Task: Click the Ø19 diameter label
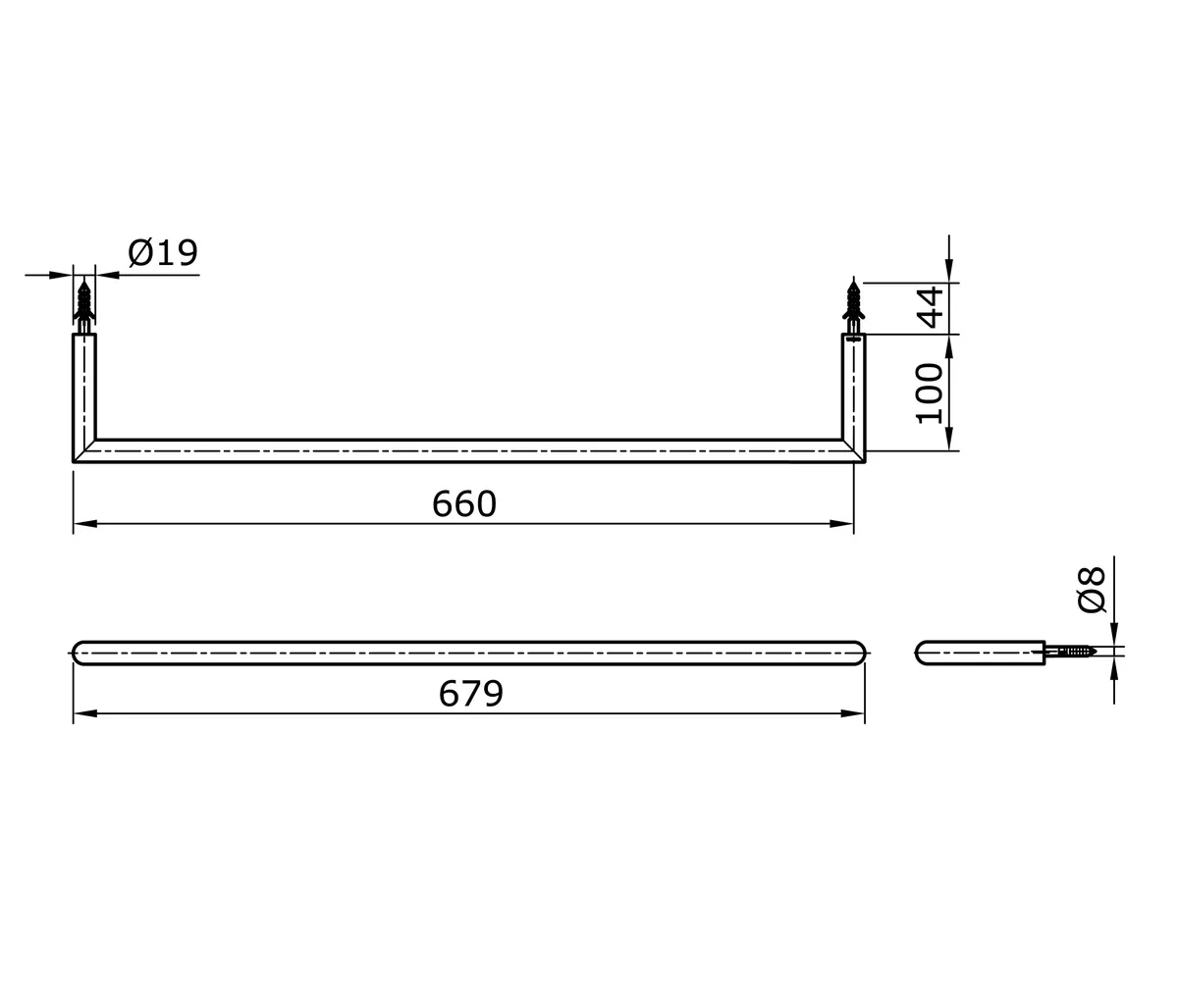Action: click(x=163, y=253)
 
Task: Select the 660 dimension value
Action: click(x=464, y=504)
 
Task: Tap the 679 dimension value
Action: click(x=471, y=694)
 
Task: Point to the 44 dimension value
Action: click(x=929, y=306)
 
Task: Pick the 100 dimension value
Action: click(x=929, y=393)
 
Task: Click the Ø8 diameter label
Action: click(x=1092, y=589)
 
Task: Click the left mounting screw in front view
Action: click(x=84, y=304)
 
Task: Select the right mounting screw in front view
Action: click(x=854, y=304)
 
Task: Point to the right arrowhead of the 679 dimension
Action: click(x=852, y=713)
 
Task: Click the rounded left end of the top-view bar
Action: click(x=80, y=653)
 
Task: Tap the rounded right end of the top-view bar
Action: click(x=859, y=653)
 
